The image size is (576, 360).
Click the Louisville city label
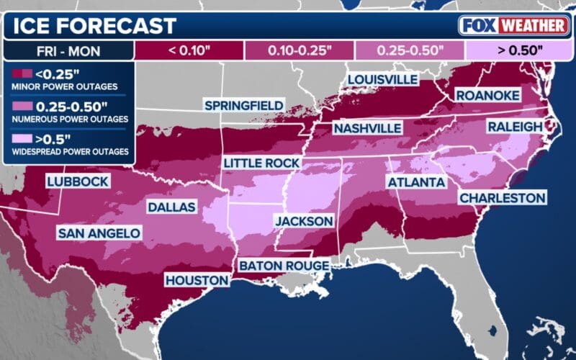[382, 78]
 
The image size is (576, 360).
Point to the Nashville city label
[366, 128]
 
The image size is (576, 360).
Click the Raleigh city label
[516, 127]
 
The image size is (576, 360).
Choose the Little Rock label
[261, 163]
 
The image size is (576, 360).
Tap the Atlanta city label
[416, 182]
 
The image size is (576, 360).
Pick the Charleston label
[502, 197]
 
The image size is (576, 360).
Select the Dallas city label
[171, 207]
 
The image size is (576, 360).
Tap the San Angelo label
[99, 233]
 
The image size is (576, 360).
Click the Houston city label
[197, 279]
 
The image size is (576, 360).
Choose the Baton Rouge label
[284, 266]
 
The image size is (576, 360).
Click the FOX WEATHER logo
[512, 25]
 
